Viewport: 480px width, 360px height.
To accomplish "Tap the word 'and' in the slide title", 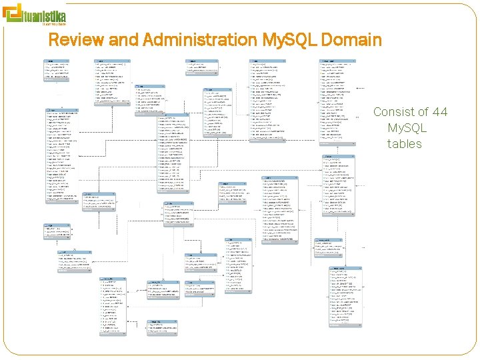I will pyautogui.click(x=123, y=40).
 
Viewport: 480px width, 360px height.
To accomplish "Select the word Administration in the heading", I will pyautogui.click(x=198, y=40).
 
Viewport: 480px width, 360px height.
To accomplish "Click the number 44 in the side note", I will pyautogui.click(x=440, y=112).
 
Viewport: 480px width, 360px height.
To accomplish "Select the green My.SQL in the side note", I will pyautogui.click(x=407, y=127).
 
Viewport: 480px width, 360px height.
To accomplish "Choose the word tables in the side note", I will pyautogui.click(x=405, y=143).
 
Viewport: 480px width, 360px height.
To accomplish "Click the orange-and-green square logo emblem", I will pyautogui.click(x=13, y=14).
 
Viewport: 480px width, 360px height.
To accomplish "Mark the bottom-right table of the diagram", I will pyautogui.click(x=346, y=297).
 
